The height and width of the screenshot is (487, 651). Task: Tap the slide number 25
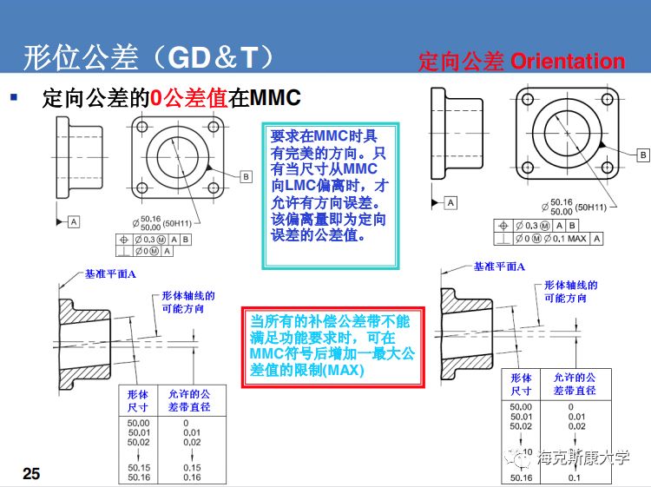(x=31, y=473)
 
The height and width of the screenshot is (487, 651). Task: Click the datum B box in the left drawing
(x=246, y=176)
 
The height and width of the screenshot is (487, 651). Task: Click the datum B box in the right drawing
(x=642, y=155)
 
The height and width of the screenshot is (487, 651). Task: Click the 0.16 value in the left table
(x=192, y=477)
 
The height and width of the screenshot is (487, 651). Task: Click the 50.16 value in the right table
(x=521, y=478)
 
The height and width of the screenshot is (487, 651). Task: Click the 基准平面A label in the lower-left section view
(x=110, y=273)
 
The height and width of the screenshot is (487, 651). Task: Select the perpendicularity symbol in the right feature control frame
(x=503, y=239)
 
